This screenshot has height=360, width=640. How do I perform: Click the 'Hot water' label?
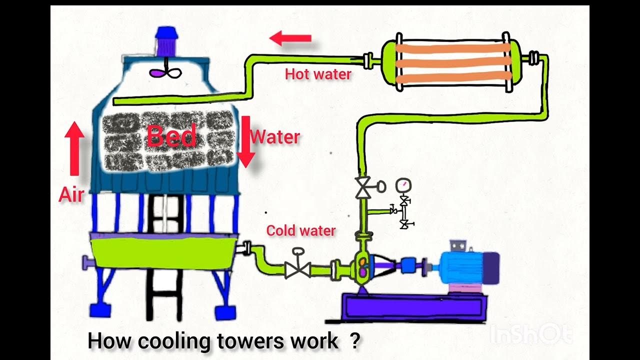click(x=318, y=74)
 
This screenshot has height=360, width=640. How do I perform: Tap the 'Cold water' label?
click(x=300, y=230)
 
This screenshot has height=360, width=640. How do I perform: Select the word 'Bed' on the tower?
click(x=171, y=136)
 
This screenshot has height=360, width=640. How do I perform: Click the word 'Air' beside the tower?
click(x=71, y=194)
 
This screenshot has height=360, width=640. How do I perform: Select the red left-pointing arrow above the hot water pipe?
click(x=290, y=38)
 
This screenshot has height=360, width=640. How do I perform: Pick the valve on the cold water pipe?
click(x=298, y=269)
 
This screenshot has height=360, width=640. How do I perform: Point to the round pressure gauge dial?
click(x=403, y=185)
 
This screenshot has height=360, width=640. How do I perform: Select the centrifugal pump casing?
click(x=362, y=266)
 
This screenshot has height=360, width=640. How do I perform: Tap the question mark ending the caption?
click(x=354, y=341)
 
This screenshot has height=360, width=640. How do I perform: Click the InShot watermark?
click(x=530, y=334)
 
